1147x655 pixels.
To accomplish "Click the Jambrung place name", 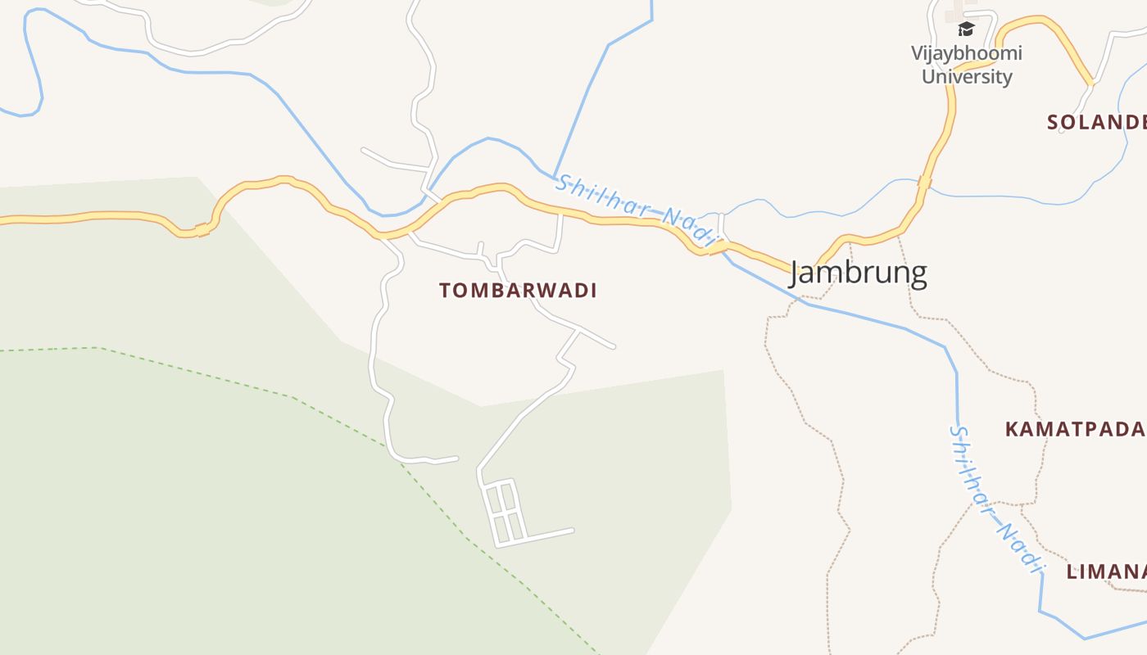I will point(858,273).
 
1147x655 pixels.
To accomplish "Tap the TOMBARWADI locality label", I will point(518,291).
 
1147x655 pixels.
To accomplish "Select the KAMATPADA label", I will point(1074,429).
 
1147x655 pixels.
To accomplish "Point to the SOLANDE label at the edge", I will point(1096,122).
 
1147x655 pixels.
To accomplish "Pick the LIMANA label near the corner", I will point(1105,571).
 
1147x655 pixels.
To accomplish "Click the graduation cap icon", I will point(967,30).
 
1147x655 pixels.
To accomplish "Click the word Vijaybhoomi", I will point(967,53).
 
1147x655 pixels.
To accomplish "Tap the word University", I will point(967,77).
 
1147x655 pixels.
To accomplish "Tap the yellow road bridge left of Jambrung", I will point(713,247).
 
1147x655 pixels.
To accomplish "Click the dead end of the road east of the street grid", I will point(571,531).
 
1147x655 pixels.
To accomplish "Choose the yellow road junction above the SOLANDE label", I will point(1090,82).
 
